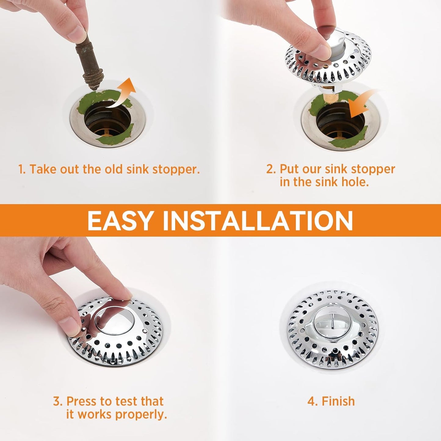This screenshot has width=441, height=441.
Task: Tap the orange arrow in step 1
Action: coord(124,93)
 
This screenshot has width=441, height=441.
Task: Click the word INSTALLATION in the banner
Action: coord(258,220)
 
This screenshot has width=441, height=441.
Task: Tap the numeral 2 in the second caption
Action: coord(270,169)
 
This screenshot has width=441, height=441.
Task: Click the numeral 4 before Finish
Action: coord(312,401)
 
